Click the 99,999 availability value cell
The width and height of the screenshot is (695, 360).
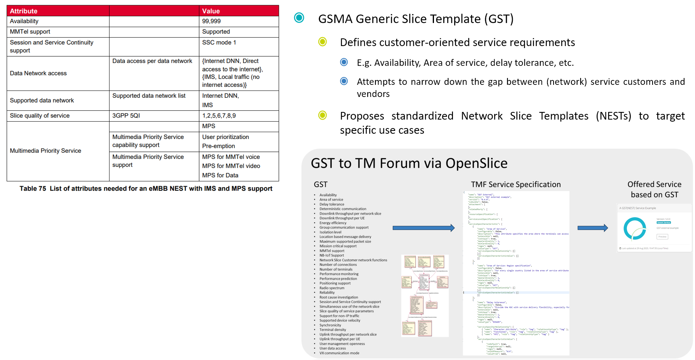[x=211, y=21]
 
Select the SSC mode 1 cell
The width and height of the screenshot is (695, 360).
[x=219, y=42]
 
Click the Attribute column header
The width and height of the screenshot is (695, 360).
[x=24, y=11]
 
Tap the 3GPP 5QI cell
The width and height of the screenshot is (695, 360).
[x=126, y=116]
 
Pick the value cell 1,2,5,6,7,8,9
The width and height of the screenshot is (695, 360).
[x=219, y=116]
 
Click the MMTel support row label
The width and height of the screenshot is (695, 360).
[x=30, y=32]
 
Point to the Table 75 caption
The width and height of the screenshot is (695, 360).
[x=146, y=189]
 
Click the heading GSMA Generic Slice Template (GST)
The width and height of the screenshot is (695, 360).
[x=416, y=19]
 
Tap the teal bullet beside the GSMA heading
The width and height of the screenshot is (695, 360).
[x=299, y=18]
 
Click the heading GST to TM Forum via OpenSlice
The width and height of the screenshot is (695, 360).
[x=409, y=163]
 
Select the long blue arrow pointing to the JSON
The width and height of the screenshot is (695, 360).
[x=423, y=228]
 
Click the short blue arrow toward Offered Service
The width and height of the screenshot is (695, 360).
[x=592, y=228]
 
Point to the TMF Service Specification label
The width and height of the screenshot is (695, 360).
[x=516, y=185]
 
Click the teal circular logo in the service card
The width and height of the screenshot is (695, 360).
[x=634, y=229]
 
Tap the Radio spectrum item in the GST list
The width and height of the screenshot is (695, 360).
[x=332, y=288]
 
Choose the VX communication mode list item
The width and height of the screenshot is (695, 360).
[x=339, y=353]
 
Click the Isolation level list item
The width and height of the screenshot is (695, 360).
[x=330, y=232]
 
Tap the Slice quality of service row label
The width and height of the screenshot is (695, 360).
[x=40, y=116]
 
